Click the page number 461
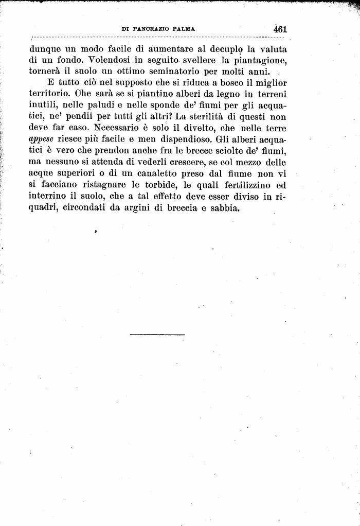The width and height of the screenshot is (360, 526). tap(280, 30)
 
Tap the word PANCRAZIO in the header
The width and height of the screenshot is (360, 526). tap(154, 30)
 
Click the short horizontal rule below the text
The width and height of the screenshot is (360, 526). tap(157, 335)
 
